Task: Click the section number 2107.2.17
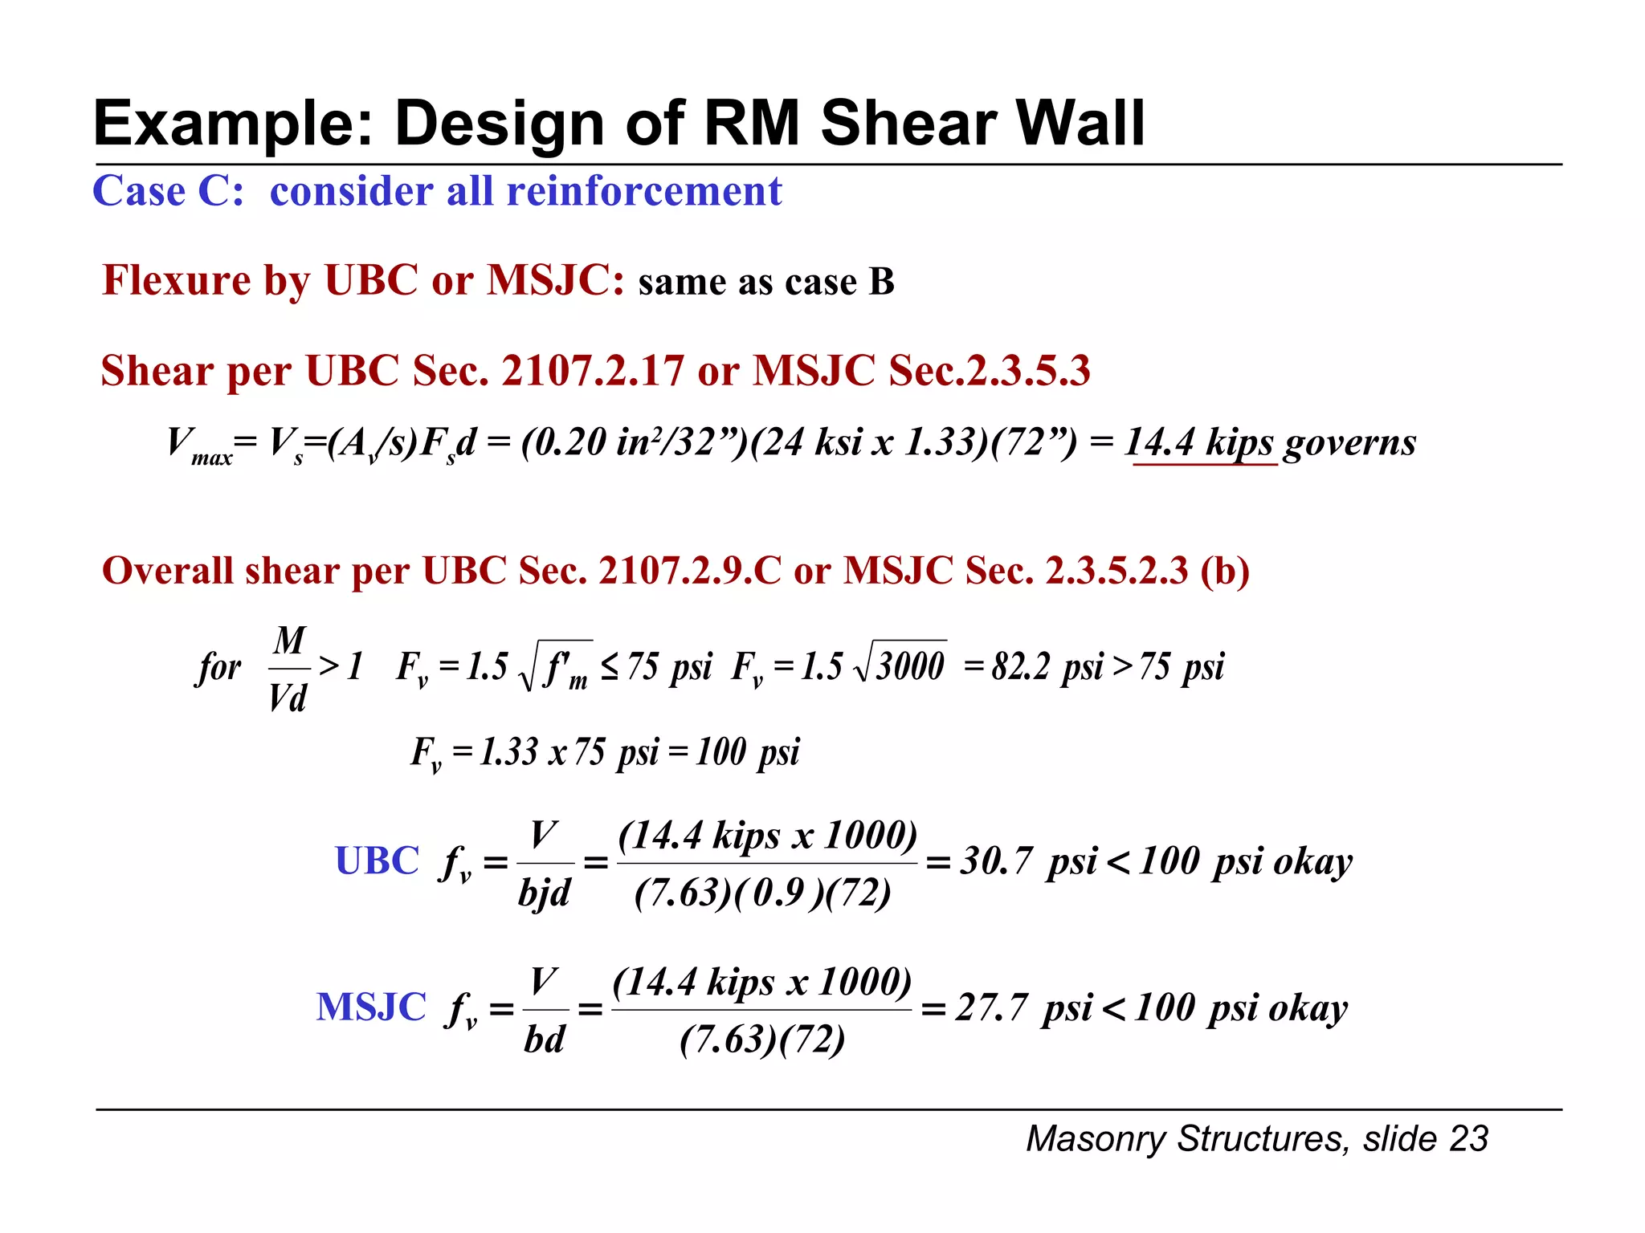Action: [x=593, y=372]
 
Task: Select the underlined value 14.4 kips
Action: [x=1200, y=443]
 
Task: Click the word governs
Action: [x=1349, y=443]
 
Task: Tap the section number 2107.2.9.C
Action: [x=689, y=572]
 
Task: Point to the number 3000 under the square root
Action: [x=909, y=666]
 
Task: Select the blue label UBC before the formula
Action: [x=377, y=861]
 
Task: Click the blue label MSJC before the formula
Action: [x=371, y=1007]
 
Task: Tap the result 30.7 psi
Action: [x=1029, y=862]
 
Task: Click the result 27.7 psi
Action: [x=1024, y=1008]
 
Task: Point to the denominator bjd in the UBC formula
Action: [x=545, y=893]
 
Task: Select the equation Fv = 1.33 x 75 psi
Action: [x=604, y=753]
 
